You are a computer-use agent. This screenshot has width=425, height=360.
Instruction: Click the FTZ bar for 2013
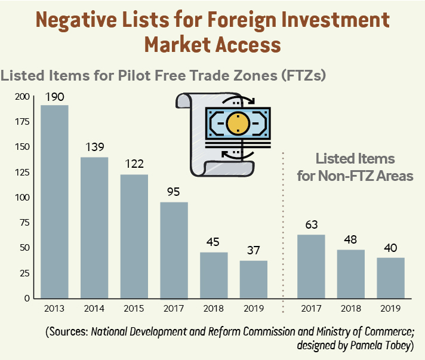tap(54, 202)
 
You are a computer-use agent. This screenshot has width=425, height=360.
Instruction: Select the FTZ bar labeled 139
tap(94, 227)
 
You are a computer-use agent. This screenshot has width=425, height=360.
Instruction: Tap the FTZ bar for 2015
tap(134, 236)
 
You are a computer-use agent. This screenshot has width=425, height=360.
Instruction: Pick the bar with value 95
tap(174, 250)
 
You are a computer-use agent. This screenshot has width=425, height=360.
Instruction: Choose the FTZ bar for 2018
tap(214, 275)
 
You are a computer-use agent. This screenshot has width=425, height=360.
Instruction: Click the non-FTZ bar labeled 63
tap(311, 266)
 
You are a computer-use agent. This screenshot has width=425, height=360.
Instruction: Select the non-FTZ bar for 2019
tap(390, 278)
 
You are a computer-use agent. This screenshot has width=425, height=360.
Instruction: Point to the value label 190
tap(54, 97)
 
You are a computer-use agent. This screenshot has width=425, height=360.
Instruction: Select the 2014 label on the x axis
tap(94, 309)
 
